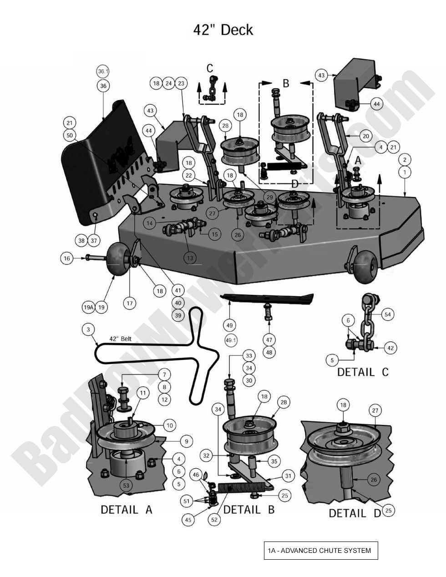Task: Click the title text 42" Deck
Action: [223, 30]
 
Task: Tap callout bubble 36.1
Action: [103, 71]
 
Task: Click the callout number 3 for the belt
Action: [88, 329]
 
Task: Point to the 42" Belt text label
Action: [120, 339]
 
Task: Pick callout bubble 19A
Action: [88, 308]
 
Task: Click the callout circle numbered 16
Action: [67, 258]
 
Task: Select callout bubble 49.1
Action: [231, 340]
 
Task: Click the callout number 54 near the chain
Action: [387, 314]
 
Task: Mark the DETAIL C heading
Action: [363, 372]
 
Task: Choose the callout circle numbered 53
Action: [126, 486]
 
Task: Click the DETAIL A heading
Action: [126, 510]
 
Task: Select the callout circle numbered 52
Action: [214, 520]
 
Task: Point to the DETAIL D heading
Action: [355, 513]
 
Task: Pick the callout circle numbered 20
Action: [365, 136]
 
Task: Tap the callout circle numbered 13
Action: [190, 258]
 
